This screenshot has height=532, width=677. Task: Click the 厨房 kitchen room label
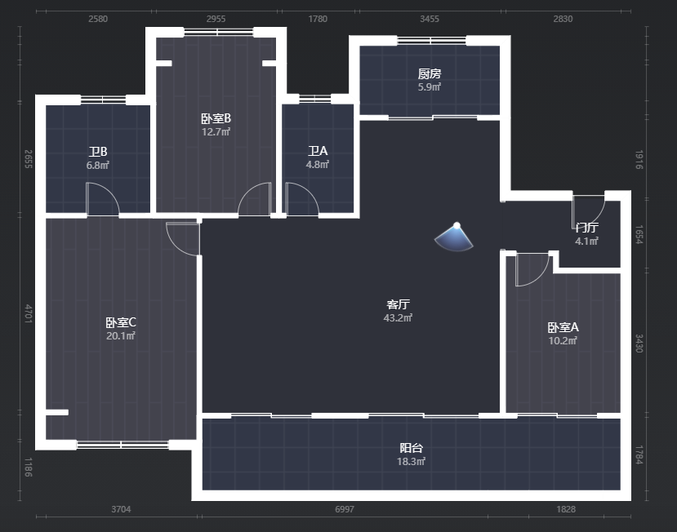click(430, 73)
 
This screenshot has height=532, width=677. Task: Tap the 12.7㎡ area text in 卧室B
click(216, 131)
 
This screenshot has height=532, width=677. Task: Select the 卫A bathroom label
click(318, 151)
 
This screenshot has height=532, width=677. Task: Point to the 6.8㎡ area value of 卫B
click(97, 166)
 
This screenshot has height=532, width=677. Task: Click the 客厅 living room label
click(398, 304)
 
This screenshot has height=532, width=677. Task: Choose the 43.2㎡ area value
click(398, 318)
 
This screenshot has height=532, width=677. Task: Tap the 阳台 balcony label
click(411, 448)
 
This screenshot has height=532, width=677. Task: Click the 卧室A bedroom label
click(563, 327)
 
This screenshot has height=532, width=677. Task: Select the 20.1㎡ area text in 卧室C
click(121, 335)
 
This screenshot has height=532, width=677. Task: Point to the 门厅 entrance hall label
click(587, 228)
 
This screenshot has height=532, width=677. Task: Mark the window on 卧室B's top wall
click(219, 32)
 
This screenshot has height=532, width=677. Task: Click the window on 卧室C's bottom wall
click(122, 445)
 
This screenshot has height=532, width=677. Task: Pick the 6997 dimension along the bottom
click(345, 509)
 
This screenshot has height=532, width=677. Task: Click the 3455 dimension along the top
click(430, 19)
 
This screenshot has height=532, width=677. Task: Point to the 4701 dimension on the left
click(28, 313)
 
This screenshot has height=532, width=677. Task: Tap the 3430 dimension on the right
click(639, 343)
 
